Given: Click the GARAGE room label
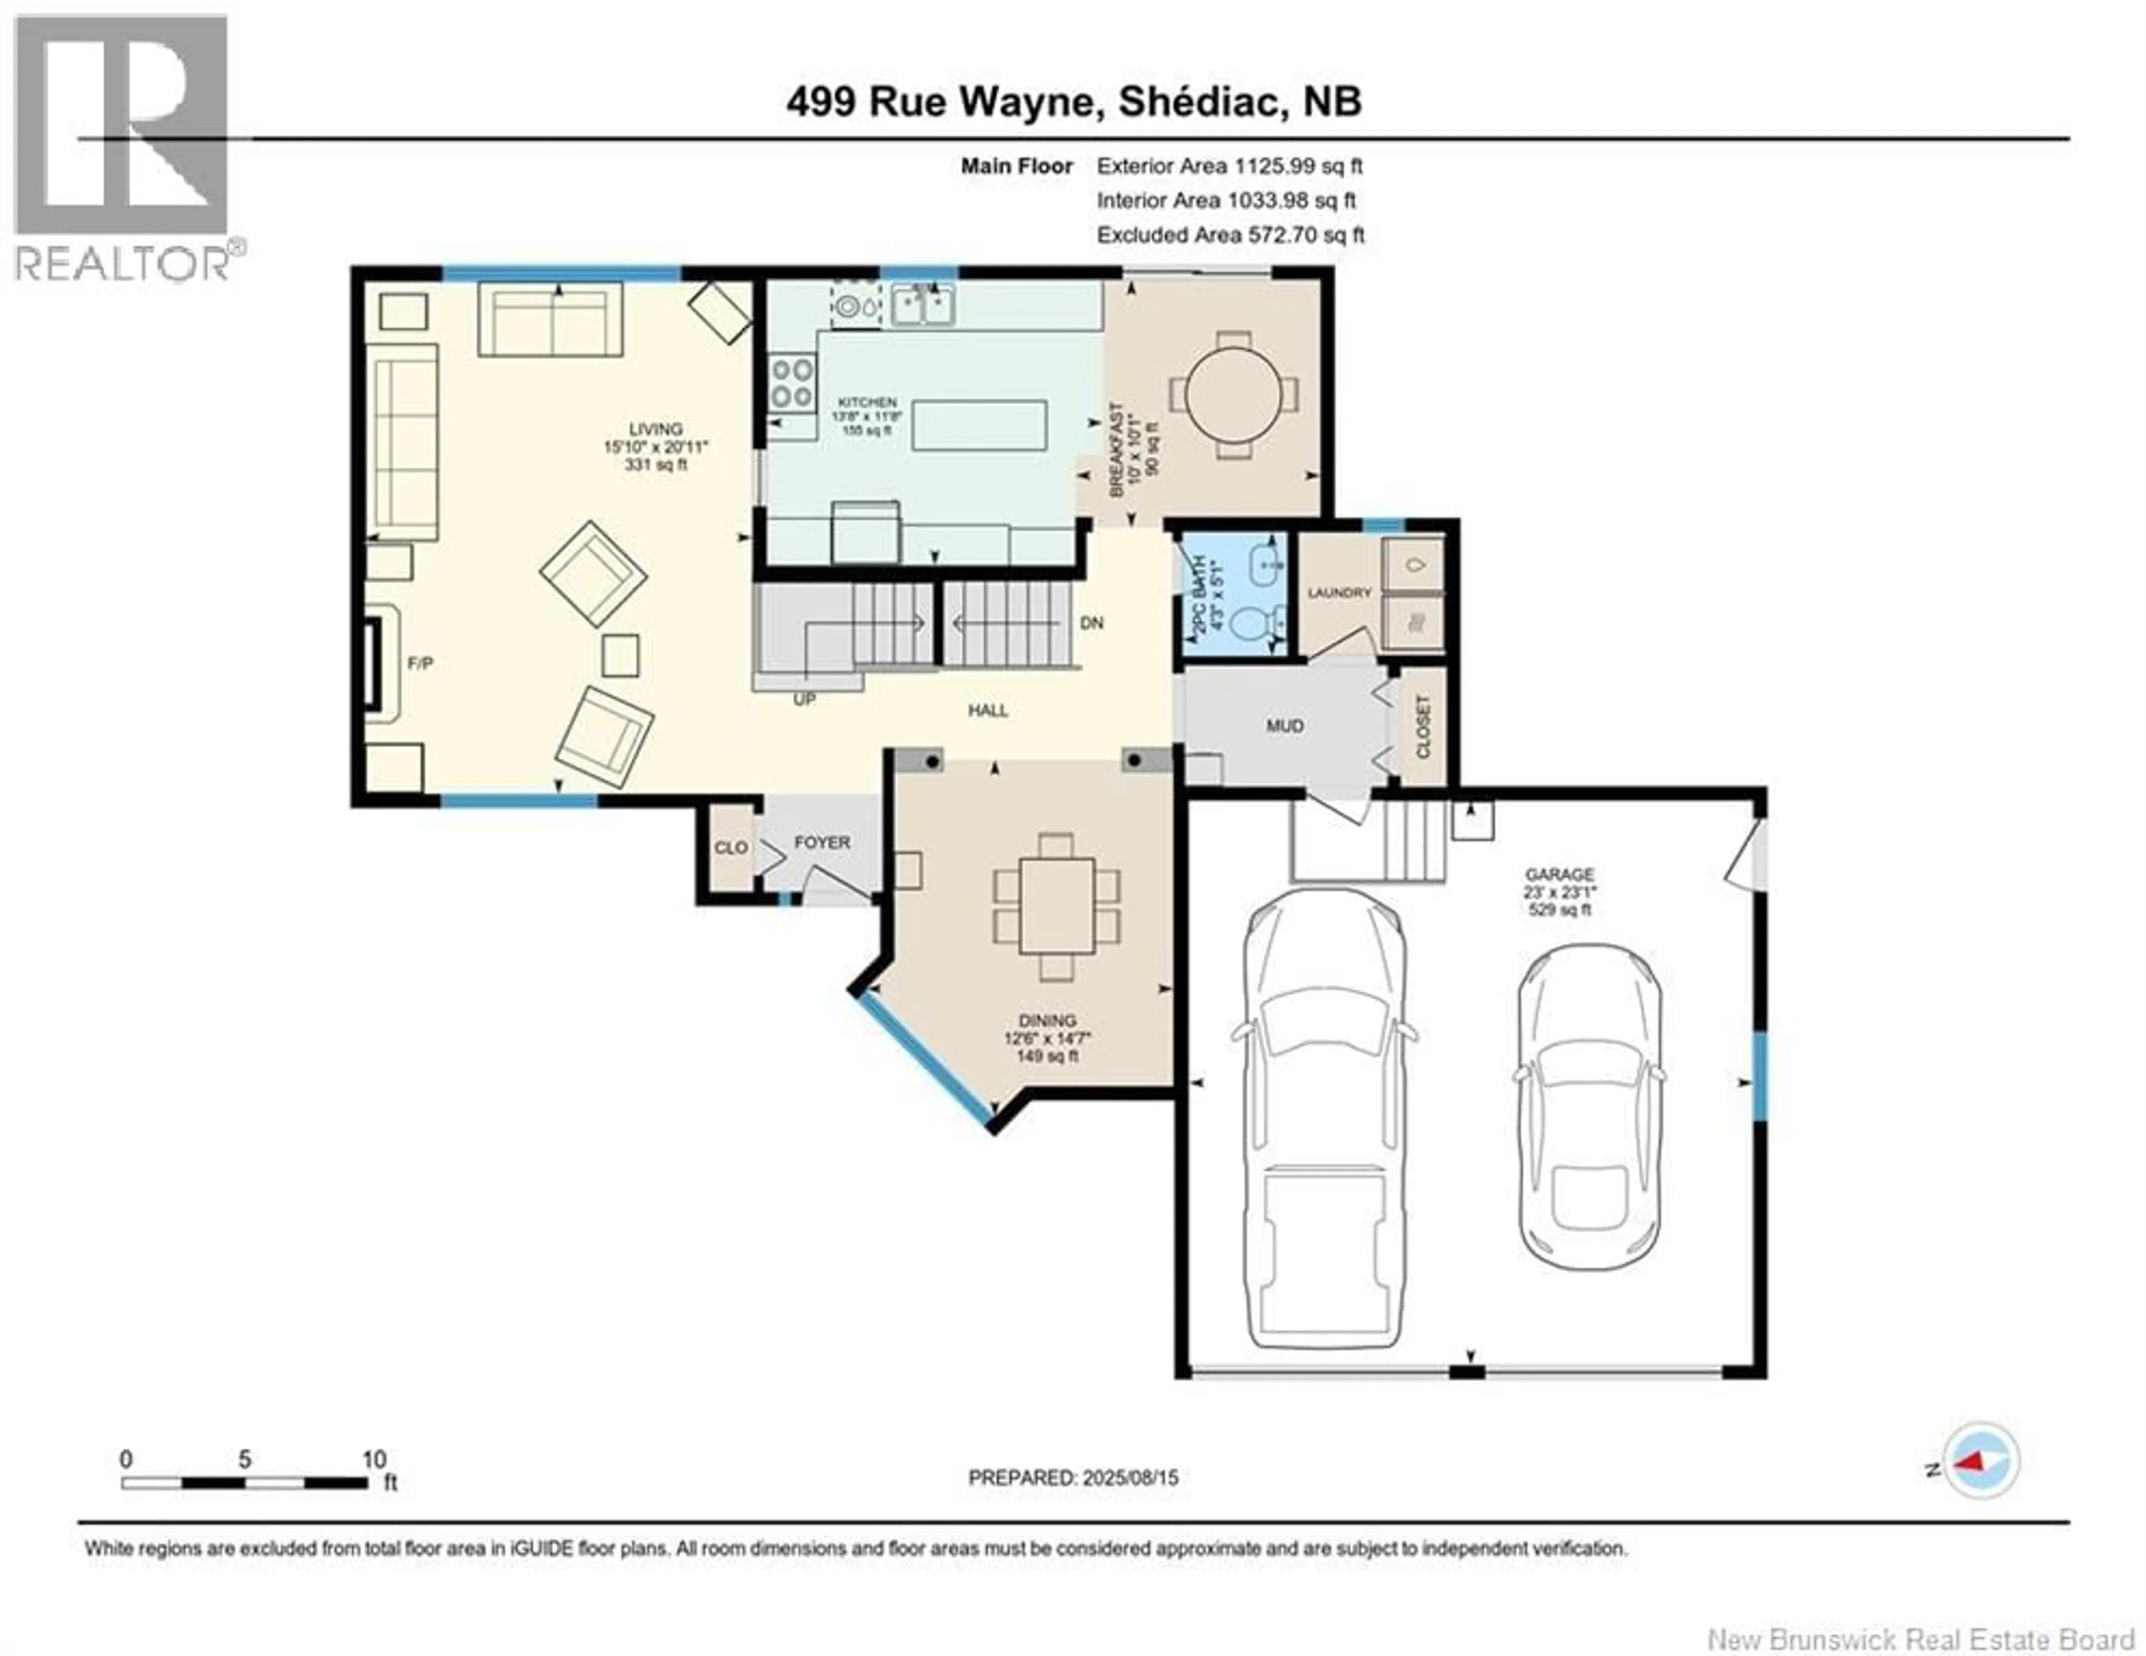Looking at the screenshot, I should pyautogui.click(x=1559, y=874).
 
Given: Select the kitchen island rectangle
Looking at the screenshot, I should pyautogui.click(x=979, y=425).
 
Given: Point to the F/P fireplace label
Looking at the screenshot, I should pyautogui.click(x=421, y=663).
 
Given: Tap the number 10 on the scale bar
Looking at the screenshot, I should pyautogui.click(x=373, y=1459).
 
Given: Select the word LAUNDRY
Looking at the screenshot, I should pyautogui.click(x=1339, y=593).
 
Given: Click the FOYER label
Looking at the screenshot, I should pyautogui.click(x=823, y=843).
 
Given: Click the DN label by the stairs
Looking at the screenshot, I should pyautogui.click(x=1091, y=623).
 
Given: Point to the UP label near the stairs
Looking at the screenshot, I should pyautogui.click(x=805, y=700).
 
